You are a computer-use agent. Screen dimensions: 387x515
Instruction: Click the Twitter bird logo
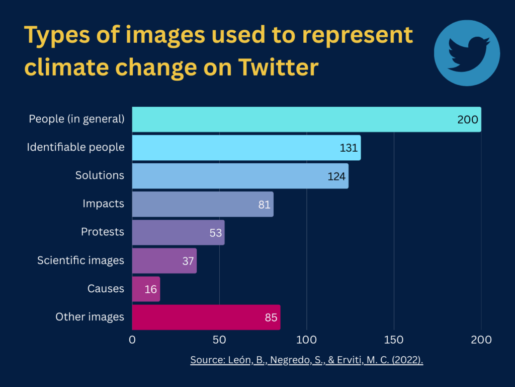click(466, 53)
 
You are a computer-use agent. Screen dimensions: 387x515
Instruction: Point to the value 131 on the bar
click(349, 148)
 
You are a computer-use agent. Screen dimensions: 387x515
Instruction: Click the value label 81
click(265, 205)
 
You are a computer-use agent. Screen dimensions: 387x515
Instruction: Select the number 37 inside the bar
click(188, 261)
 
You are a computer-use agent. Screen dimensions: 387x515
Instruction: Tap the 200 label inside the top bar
click(468, 120)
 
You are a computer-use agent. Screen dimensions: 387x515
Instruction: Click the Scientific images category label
click(80, 260)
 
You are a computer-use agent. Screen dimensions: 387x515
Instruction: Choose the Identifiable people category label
click(75, 147)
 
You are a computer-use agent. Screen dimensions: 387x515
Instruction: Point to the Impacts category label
click(103, 204)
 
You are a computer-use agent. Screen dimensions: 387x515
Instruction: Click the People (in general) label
click(76, 119)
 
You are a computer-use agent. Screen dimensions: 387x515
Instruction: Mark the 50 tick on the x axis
click(219, 340)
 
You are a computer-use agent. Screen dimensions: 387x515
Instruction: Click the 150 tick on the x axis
click(394, 340)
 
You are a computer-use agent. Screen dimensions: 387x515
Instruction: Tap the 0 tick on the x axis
click(132, 340)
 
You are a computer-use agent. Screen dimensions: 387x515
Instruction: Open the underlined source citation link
click(306, 360)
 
